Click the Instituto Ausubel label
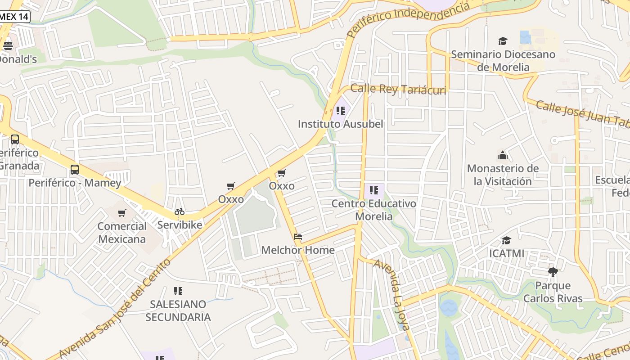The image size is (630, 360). coord(340,124)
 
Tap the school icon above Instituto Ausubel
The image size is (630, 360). coord(341,110)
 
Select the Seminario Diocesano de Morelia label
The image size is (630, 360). coord(503,61)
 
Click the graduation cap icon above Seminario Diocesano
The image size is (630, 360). coord(503,41)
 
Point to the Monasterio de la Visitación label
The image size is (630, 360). coord(503,175)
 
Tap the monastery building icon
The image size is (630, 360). coord(503,156)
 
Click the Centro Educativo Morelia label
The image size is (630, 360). coord(374,210)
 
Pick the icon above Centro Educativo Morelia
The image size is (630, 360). coord(374,190)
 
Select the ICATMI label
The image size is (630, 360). coord(507,253)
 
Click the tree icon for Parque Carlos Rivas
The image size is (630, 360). coord(553,272)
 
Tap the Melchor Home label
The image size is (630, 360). coord(298,250)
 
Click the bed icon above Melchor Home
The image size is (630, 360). coord(297,237)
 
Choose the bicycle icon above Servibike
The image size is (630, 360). coord(180,211)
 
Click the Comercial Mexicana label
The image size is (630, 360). coord(122,233)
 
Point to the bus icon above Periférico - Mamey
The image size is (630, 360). coord(75,170)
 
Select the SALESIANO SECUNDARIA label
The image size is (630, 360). coord(178,310)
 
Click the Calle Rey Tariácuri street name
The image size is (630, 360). coord(398,89)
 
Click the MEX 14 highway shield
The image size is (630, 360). coord(14,17)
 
